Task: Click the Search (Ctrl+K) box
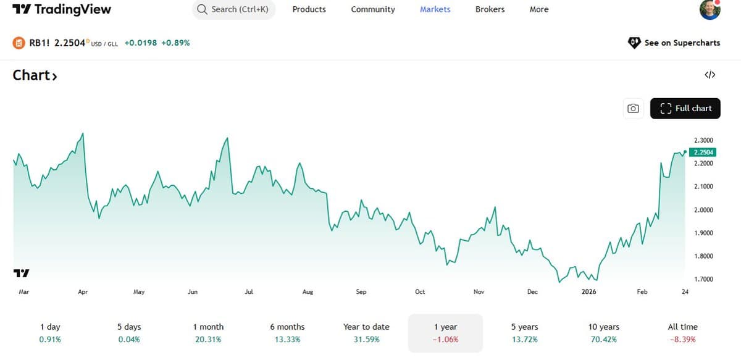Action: coord(233,10)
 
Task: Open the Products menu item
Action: coord(309,10)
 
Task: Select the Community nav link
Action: coord(373,10)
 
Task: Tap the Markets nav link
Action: coord(435,10)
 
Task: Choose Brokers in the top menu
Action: coord(490,10)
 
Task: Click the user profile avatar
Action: coord(710,10)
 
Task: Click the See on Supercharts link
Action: coord(674,43)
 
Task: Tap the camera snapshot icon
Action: coord(633,108)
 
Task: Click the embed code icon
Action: coord(710,75)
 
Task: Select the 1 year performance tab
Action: coord(445,332)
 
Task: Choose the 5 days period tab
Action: coord(129,332)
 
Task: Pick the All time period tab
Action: coord(682,332)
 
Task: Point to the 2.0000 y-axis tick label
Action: coord(705,210)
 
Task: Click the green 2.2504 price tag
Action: coord(703,153)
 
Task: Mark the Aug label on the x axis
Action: coord(308,292)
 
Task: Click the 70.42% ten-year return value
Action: coord(604,340)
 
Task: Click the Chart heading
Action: coord(35,75)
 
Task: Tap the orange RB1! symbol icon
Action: coord(19,43)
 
